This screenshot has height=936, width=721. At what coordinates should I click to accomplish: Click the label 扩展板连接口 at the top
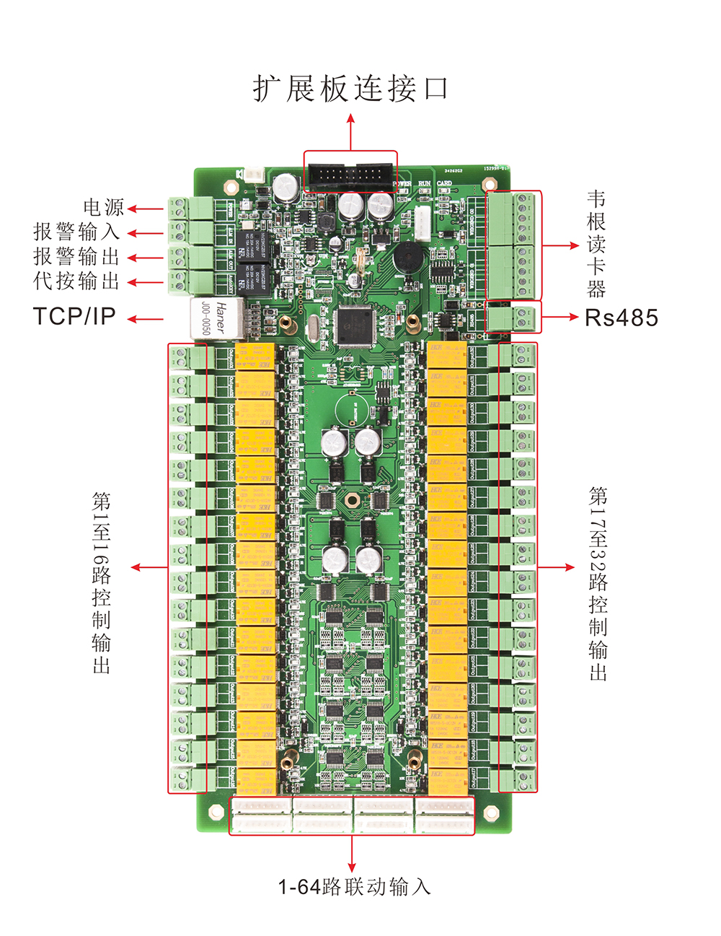pos(351,89)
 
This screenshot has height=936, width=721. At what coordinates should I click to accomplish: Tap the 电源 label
pos(104,208)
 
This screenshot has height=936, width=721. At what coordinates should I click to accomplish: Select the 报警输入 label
pos(76,232)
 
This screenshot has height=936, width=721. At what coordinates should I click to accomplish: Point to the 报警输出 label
pos(76,257)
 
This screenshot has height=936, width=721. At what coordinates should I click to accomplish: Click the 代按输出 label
pos(76,281)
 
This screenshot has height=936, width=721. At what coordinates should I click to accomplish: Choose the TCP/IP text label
pos(74,317)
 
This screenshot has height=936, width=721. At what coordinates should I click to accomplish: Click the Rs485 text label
pos(622,318)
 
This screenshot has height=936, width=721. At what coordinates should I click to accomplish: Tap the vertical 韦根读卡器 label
pos(596,245)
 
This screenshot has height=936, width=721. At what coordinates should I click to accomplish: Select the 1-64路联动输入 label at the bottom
pos(354,887)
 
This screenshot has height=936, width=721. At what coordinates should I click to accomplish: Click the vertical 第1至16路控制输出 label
pos(102,582)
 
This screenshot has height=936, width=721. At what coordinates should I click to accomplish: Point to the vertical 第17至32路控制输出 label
pos(598,583)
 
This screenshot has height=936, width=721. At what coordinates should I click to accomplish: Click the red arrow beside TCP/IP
pos(146,318)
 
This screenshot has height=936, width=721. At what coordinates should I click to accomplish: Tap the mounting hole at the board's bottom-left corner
pos(215,813)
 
